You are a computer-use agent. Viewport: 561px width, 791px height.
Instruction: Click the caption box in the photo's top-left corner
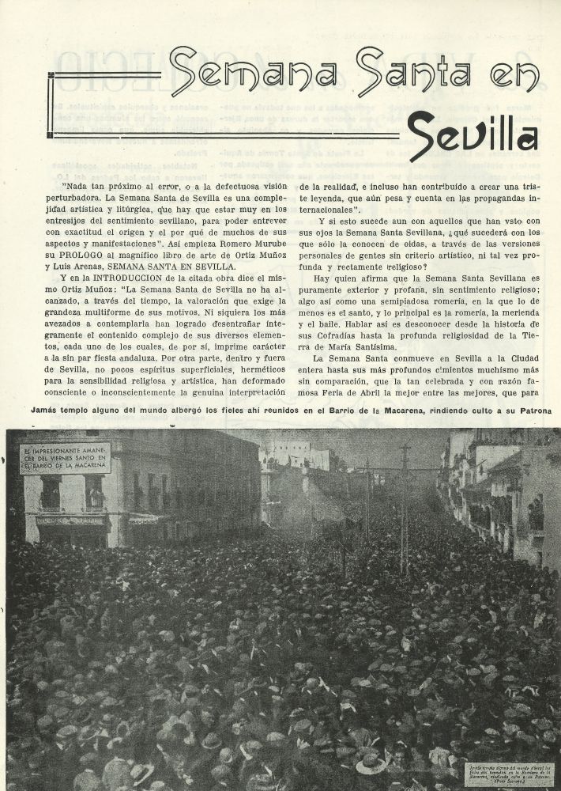coord(66,458)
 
